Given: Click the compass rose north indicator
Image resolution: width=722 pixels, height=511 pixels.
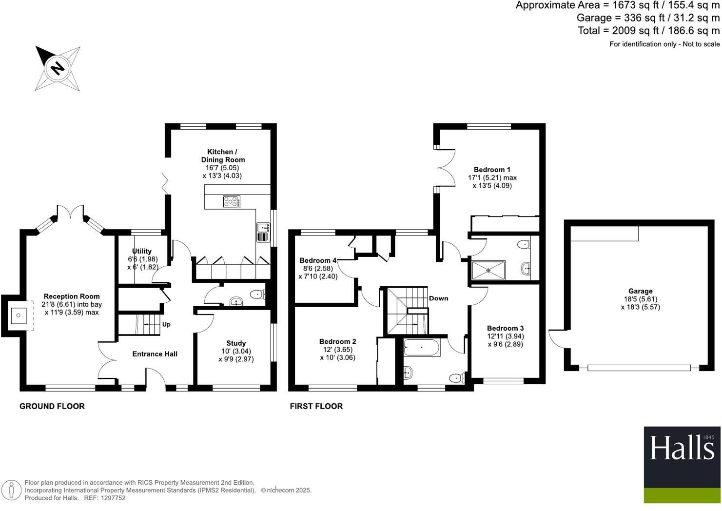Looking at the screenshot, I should click(x=58, y=68).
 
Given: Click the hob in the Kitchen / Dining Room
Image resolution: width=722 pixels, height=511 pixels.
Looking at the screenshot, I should click(x=232, y=201).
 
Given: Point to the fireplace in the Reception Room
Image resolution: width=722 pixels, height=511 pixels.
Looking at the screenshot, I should click(x=19, y=315).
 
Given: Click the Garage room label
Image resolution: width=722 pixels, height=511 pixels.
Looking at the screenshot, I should click(x=640, y=291).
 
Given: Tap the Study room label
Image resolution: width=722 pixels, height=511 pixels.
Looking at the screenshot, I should click(x=236, y=343).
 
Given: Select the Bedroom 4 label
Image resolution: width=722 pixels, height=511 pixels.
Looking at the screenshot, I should click(x=318, y=260).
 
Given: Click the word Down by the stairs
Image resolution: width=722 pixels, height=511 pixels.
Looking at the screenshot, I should click(x=438, y=298).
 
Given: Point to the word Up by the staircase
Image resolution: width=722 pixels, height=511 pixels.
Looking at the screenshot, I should click(x=166, y=324).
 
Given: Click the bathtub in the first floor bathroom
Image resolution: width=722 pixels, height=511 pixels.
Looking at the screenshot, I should click(x=422, y=348).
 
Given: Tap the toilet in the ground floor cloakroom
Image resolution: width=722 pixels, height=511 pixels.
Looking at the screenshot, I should click(x=256, y=294).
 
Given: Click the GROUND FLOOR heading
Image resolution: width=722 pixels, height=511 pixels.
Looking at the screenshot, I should click(x=52, y=406).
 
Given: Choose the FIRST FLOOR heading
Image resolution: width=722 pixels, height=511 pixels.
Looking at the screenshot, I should click(x=316, y=406).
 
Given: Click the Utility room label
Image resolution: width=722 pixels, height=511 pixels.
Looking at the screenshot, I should click(x=142, y=251).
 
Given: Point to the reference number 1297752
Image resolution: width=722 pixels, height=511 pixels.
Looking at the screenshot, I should click(x=112, y=498).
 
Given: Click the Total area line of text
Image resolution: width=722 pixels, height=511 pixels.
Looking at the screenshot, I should click(x=648, y=31).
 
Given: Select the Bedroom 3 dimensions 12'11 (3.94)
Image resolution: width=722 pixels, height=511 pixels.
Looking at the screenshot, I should click(x=506, y=336).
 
